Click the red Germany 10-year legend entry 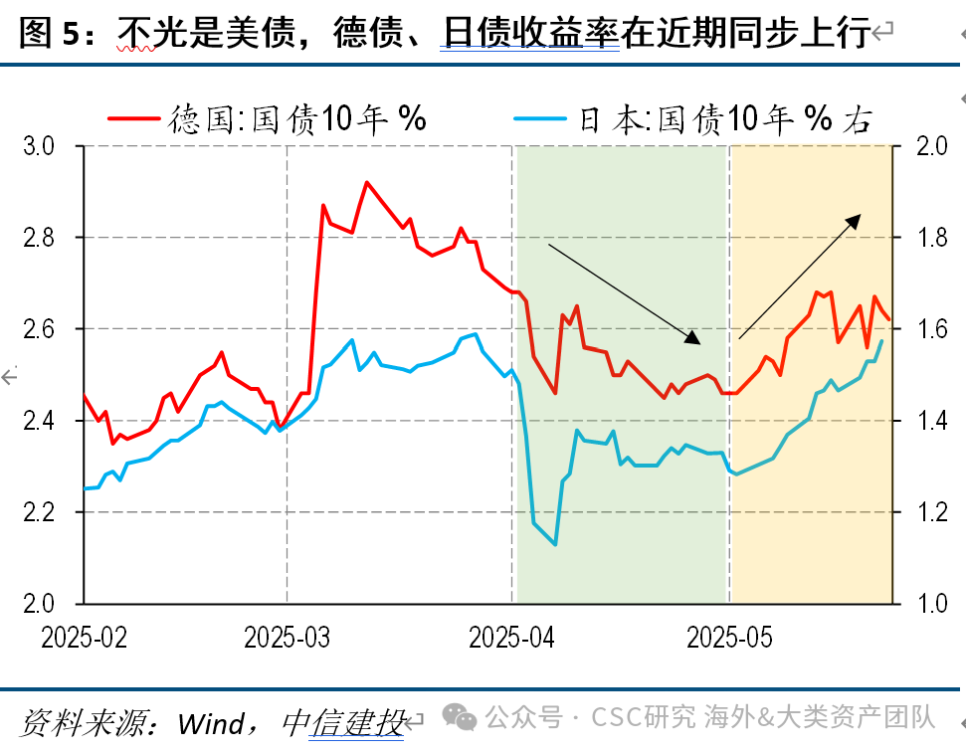pyautogui.click(x=267, y=118)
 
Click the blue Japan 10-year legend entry pyautogui.click(x=693, y=118)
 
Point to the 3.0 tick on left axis pyautogui.click(x=39, y=146)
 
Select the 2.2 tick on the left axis pyautogui.click(x=39, y=512)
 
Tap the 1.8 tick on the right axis pyautogui.click(x=932, y=238)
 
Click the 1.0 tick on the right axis pyautogui.click(x=932, y=604)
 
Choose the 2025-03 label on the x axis pyautogui.click(x=288, y=638)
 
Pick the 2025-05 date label pyautogui.click(x=729, y=638)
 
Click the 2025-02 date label pyautogui.click(x=84, y=638)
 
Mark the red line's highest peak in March pyautogui.click(x=366, y=182)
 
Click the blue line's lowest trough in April pyautogui.click(x=556, y=545)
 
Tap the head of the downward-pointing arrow pyautogui.click(x=693, y=338)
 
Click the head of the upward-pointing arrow pyautogui.click(x=854, y=221)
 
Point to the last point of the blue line pyautogui.click(x=882, y=340)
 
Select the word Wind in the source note pyautogui.click(x=211, y=723)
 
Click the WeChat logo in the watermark pyautogui.click(x=459, y=717)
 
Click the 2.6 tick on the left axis pyautogui.click(x=39, y=329)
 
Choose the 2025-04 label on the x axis pyautogui.click(x=511, y=638)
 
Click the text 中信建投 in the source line pyautogui.click(x=342, y=723)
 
